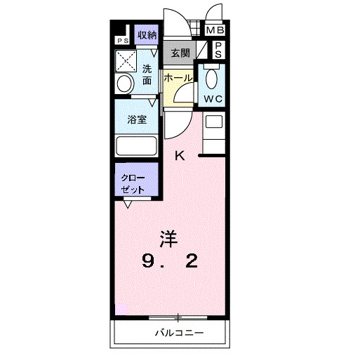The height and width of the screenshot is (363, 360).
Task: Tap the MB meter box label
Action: (x=215, y=30)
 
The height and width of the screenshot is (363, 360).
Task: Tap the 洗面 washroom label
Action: (x=147, y=74)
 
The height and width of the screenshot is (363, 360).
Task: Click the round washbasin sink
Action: (x=124, y=84)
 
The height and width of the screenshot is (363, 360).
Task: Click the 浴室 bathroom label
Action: (x=137, y=119)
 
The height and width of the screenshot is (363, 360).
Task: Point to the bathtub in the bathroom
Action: (x=137, y=147)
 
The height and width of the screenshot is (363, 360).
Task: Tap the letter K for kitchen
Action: (x=180, y=156)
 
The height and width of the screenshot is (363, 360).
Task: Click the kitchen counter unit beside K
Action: (x=213, y=133)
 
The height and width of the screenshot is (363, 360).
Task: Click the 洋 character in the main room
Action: (x=168, y=238)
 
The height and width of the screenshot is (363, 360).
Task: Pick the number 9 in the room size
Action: (x=149, y=262)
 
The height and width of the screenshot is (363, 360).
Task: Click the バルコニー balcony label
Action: (x=180, y=332)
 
